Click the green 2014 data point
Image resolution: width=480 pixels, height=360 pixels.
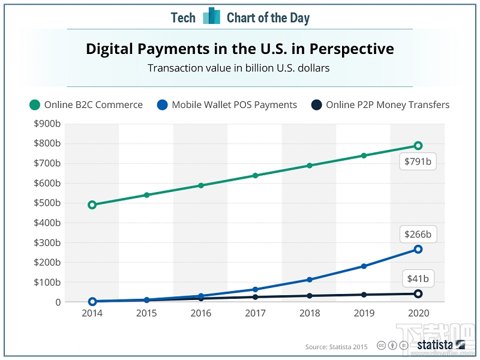pos(92,205)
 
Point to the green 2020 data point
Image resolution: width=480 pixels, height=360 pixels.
pos(418,146)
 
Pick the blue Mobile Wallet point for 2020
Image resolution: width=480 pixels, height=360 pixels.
pos(418,249)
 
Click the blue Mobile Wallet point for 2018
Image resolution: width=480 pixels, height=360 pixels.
pos(310,280)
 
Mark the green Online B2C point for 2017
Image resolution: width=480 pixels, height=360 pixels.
pos(255,176)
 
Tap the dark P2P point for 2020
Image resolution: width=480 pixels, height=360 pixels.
pos(418,293)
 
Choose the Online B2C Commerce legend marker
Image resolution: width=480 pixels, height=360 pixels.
pos(35,105)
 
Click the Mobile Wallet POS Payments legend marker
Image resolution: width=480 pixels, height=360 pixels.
pos(162,105)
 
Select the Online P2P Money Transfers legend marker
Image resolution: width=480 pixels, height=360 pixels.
pos(316,105)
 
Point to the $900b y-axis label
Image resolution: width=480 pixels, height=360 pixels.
pos(49,124)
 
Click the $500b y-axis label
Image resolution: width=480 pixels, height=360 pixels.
pos(49,203)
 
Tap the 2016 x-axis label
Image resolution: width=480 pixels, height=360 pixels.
pos(201,313)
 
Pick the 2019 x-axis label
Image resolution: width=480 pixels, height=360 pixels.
pos(364,313)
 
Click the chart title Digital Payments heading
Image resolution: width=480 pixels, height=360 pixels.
pos(240,49)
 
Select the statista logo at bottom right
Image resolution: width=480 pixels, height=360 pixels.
pos(441,345)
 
